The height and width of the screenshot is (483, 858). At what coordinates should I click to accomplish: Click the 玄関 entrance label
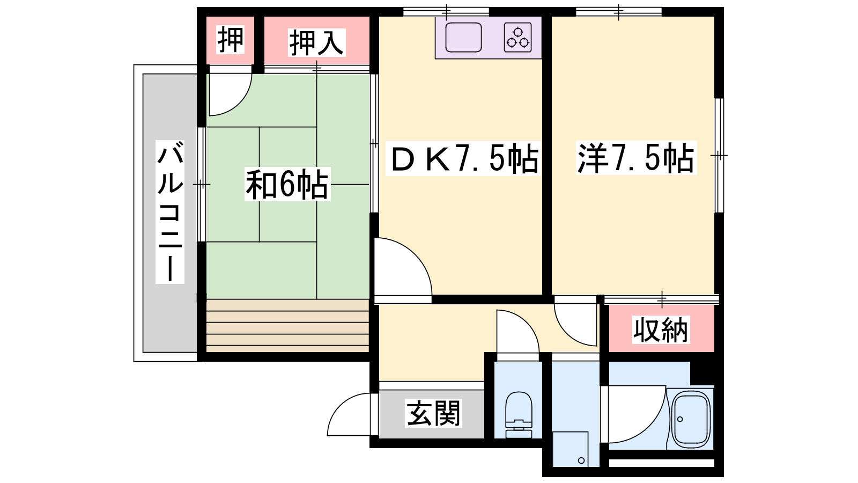434,413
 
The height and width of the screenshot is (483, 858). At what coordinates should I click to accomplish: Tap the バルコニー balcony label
169,212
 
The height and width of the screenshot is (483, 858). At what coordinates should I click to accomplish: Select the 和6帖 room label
287,185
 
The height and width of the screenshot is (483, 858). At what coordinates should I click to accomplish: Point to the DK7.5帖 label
463,158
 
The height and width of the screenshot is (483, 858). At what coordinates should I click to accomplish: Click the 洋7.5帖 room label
636,158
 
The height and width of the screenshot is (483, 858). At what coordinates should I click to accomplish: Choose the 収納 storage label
661,330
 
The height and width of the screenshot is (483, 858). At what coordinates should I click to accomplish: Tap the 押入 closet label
317,42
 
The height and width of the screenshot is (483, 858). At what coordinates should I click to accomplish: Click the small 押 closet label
230,40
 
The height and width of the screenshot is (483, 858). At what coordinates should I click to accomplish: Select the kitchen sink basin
463,37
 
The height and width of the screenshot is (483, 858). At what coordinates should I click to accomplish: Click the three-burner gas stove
518,37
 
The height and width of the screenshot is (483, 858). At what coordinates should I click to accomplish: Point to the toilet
519,415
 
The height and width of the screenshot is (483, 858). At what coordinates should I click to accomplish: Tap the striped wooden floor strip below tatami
287,326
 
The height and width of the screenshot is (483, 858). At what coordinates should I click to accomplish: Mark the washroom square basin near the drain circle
571,449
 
